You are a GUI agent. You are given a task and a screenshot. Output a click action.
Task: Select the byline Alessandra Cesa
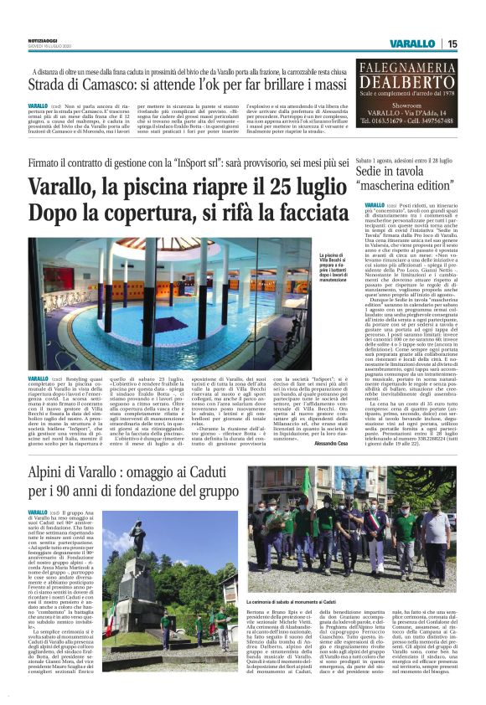[x=333, y=443]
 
